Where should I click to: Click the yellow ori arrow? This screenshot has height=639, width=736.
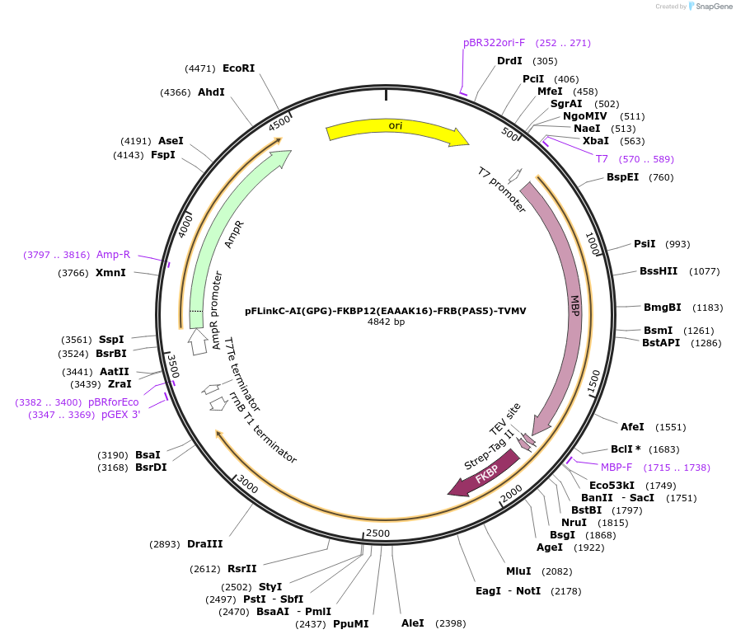[x=396, y=131]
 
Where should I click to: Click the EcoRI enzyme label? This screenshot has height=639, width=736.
[x=238, y=68]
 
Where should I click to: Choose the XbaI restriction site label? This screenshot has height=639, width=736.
[x=595, y=141]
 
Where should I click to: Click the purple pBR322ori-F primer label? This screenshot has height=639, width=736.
[x=494, y=43]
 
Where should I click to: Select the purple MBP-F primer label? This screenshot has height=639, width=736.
[x=621, y=468]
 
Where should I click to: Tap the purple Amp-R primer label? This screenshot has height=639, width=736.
[x=113, y=255]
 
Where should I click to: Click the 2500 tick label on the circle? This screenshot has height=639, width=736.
[x=377, y=533]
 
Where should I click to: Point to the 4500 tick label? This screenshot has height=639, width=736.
[x=280, y=122]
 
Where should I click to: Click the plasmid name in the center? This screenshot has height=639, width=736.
[x=385, y=311]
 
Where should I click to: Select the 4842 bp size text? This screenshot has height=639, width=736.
[x=386, y=322]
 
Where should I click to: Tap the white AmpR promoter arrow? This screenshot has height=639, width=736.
[x=198, y=341]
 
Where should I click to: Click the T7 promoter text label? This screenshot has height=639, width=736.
[x=502, y=190]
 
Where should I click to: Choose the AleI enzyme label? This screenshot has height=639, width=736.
[x=412, y=623]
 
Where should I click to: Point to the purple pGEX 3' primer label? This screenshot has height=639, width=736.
[x=120, y=415]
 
